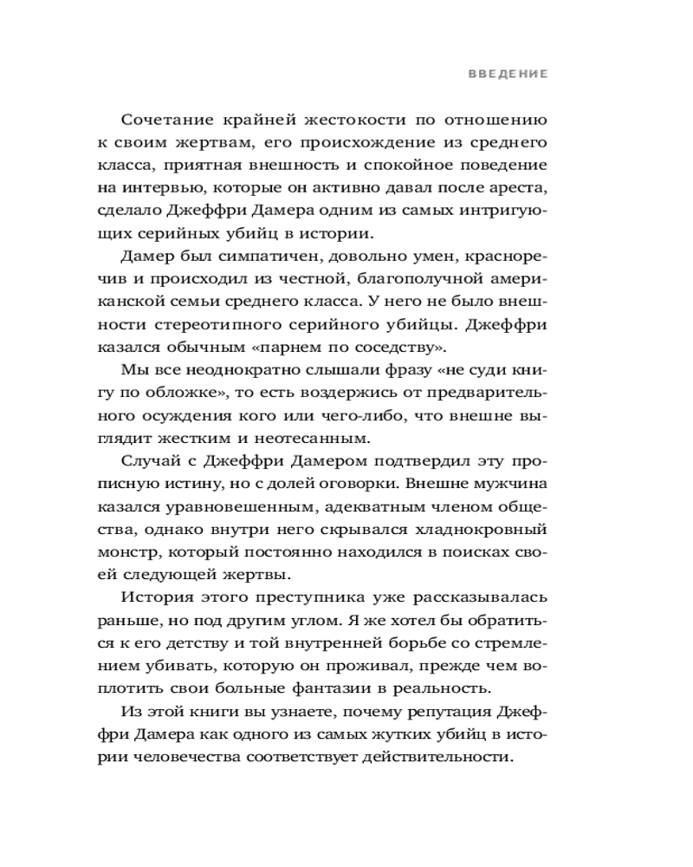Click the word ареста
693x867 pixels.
pos(522,186)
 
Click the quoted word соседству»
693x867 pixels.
pos(404,348)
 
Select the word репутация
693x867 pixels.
pos(441,713)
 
